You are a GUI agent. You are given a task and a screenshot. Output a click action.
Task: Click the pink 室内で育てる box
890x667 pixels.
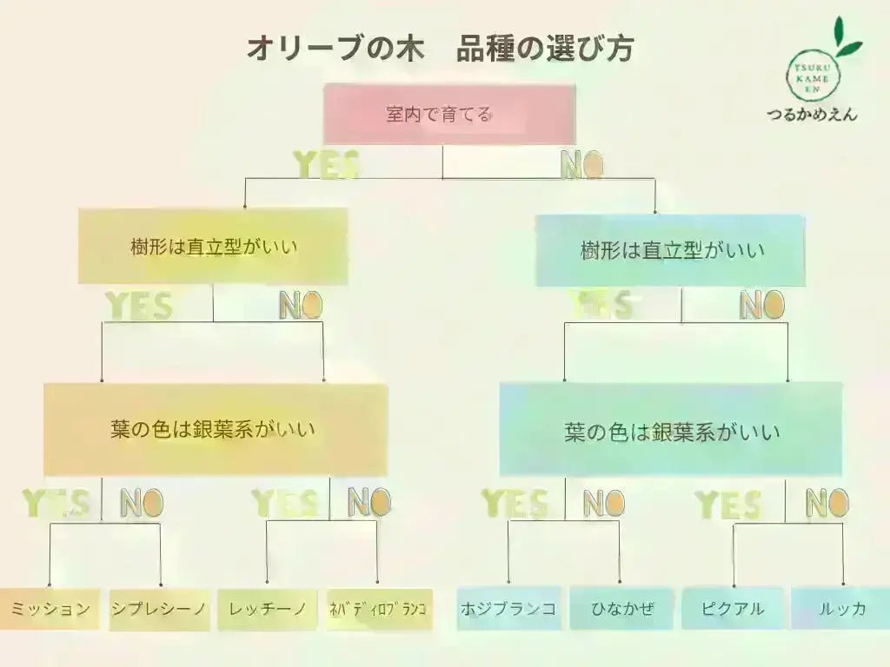(x=449, y=114)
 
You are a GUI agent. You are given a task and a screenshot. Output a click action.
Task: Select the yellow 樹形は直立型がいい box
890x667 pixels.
(x=213, y=247)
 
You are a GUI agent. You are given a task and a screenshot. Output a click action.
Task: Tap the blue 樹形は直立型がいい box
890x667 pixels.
(x=670, y=251)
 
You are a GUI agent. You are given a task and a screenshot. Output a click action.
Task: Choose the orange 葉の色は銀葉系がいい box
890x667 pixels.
(x=215, y=429)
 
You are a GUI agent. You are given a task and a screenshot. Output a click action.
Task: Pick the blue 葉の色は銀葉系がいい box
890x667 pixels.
(x=670, y=431)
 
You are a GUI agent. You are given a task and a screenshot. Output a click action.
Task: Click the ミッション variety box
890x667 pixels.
(x=50, y=609)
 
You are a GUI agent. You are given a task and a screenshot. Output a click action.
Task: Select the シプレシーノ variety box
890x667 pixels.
(x=159, y=609)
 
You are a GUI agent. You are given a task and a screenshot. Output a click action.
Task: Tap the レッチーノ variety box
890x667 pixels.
(x=268, y=609)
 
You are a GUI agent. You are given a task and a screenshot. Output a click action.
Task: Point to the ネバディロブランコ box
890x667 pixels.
(x=377, y=609)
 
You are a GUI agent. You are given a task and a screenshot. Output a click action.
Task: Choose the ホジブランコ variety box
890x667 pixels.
(x=508, y=609)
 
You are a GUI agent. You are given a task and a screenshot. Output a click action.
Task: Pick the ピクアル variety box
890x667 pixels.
(x=734, y=609)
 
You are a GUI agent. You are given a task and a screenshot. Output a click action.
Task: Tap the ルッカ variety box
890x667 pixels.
(x=841, y=609)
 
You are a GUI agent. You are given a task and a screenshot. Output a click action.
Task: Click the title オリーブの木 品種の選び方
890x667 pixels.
(x=439, y=49)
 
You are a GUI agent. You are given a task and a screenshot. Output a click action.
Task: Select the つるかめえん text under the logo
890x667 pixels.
(x=811, y=114)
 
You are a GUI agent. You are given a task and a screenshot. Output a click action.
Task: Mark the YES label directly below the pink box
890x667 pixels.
(x=326, y=164)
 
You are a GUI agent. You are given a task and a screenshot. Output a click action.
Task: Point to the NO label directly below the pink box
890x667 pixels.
(x=581, y=164)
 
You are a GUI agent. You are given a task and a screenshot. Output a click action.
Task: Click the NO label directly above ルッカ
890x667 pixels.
(x=827, y=503)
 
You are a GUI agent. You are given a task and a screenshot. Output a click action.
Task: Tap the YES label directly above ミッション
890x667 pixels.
(x=56, y=503)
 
